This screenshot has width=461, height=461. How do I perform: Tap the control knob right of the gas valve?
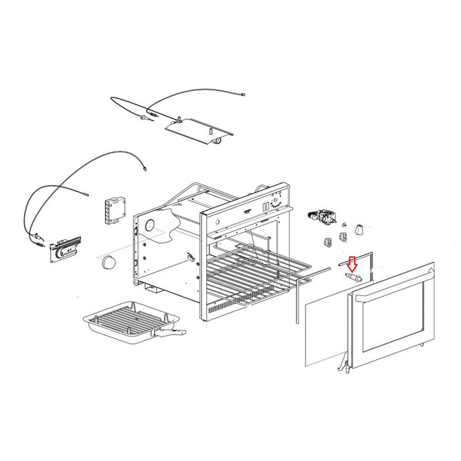360,229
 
